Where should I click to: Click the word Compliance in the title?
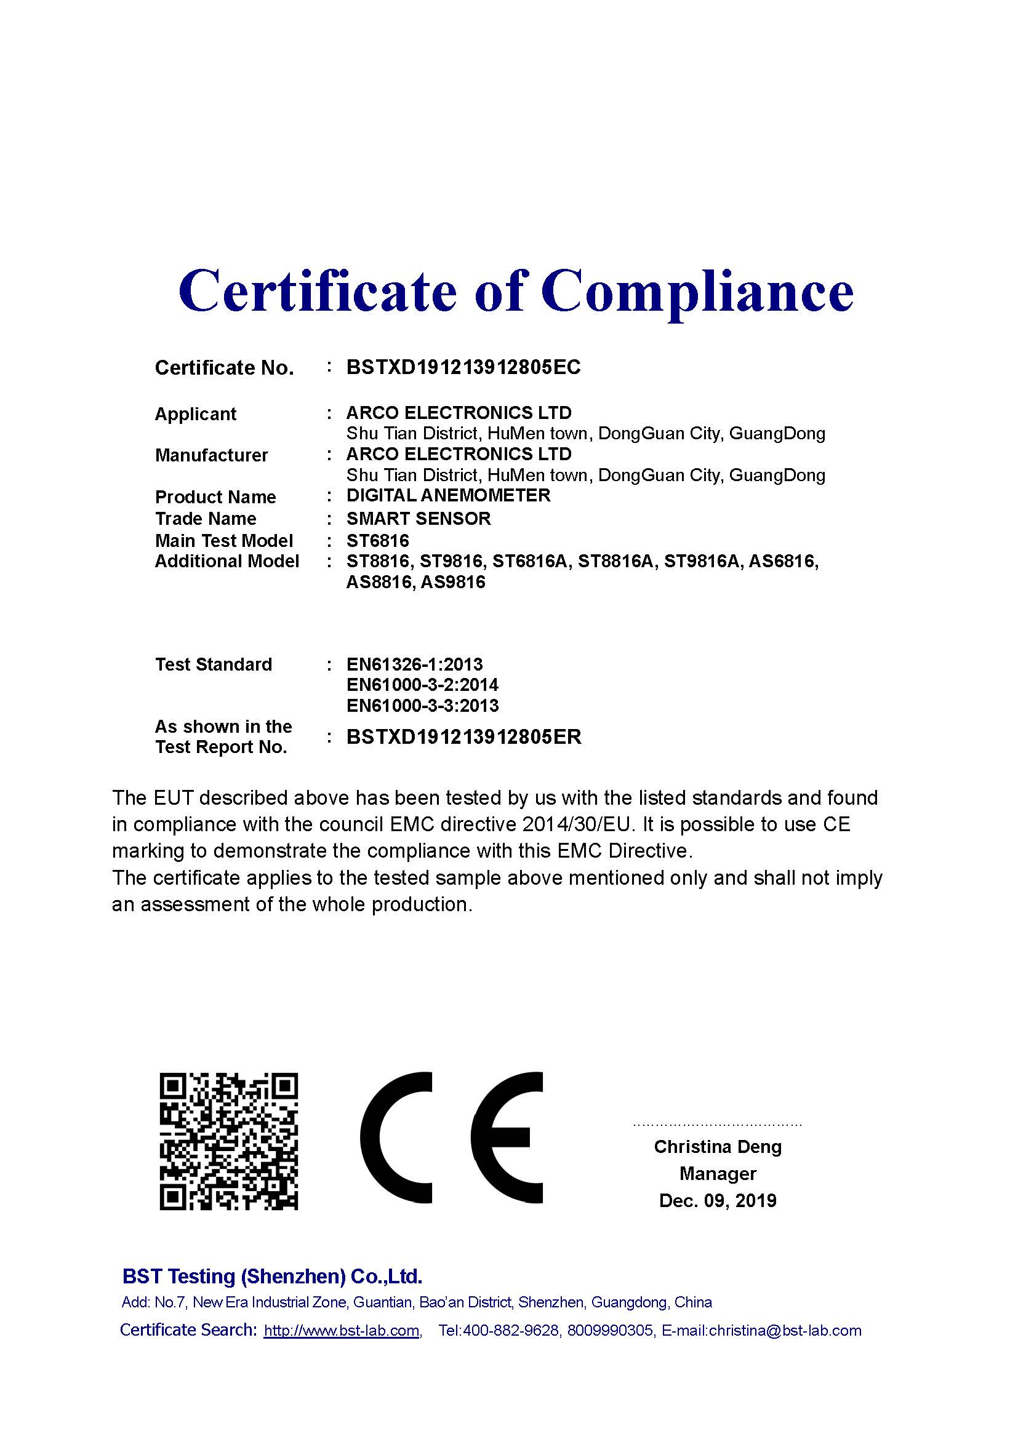click(697, 292)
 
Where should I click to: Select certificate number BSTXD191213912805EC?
click(463, 367)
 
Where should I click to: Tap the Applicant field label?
click(196, 414)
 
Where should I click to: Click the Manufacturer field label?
click(211, 455)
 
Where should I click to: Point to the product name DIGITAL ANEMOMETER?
click(448, 495)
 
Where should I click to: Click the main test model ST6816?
click(377, 540)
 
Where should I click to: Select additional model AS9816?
click(453, 582)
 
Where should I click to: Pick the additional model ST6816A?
click(531, 561)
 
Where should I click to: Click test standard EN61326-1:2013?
click(414, 664)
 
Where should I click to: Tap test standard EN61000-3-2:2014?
click(422, 684)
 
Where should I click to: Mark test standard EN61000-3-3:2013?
click(422, 706)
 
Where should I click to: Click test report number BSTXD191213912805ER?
click(464, 736)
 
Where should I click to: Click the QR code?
click(229, 1141)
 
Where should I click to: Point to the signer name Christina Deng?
click(718, 1147)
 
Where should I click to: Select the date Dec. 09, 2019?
click(718, 1200)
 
